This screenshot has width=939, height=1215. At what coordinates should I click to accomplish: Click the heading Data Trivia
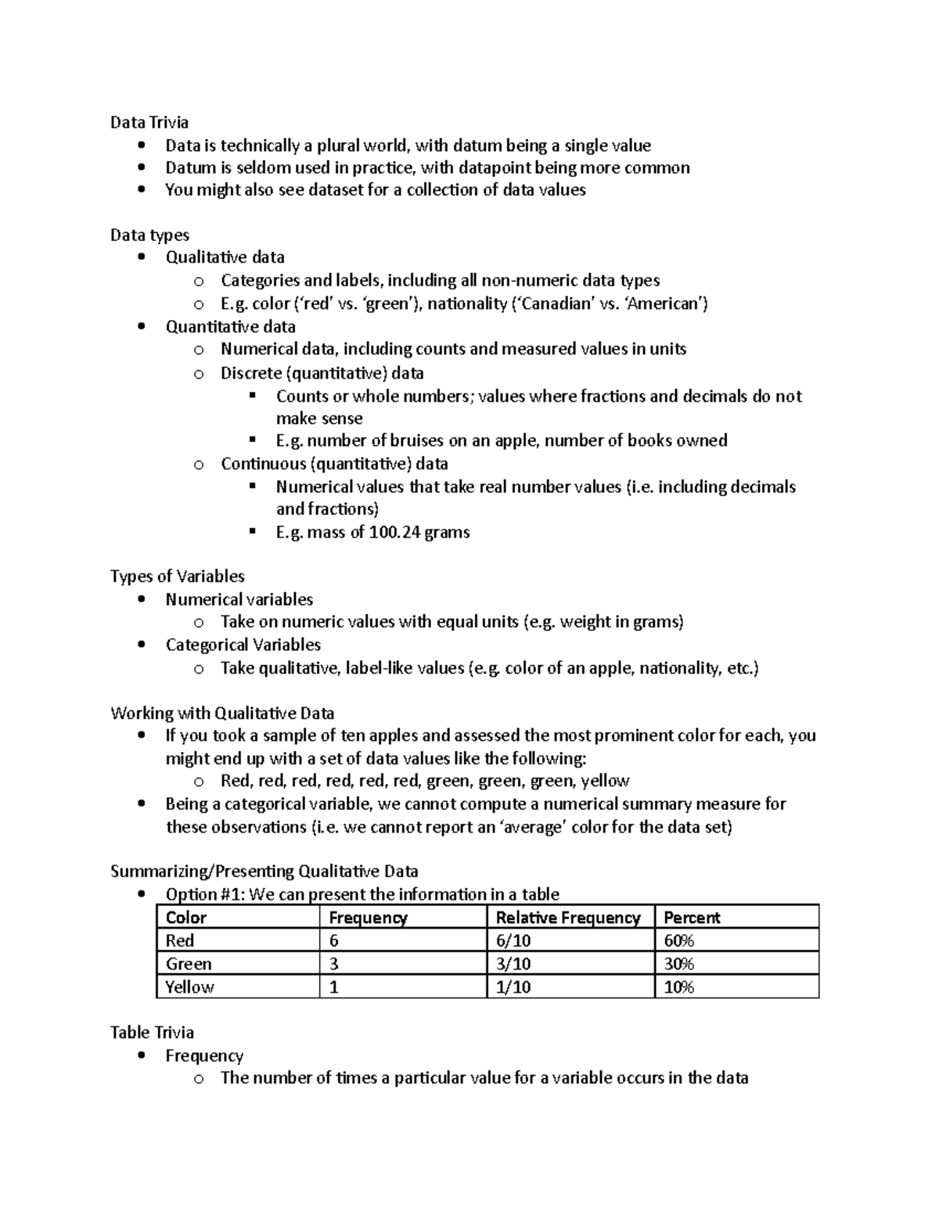pos(149,122)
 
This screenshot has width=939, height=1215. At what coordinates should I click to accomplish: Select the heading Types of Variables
pos(177,577)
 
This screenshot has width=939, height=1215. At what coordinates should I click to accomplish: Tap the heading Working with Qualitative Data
pos(222,713)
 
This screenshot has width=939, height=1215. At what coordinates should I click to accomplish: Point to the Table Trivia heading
pos(152,1032)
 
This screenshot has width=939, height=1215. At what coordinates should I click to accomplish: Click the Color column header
pos(186,918)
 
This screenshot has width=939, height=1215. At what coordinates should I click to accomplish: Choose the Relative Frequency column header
pos(568,918)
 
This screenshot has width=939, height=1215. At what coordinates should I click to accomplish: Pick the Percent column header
pos(692,918)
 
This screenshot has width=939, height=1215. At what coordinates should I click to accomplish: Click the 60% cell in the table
pos(679,940)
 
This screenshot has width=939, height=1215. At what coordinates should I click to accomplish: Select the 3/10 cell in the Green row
pos(513,964)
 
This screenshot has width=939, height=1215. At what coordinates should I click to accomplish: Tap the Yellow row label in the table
pos(189,987)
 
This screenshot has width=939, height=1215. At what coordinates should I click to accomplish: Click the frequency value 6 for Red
pos(334,940)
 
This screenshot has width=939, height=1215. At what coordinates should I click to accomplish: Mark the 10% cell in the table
pos(679,987)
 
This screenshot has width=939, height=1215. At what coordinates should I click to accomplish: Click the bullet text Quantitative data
pos(230,326)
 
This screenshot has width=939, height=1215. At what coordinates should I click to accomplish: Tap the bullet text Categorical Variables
pos(243,645)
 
